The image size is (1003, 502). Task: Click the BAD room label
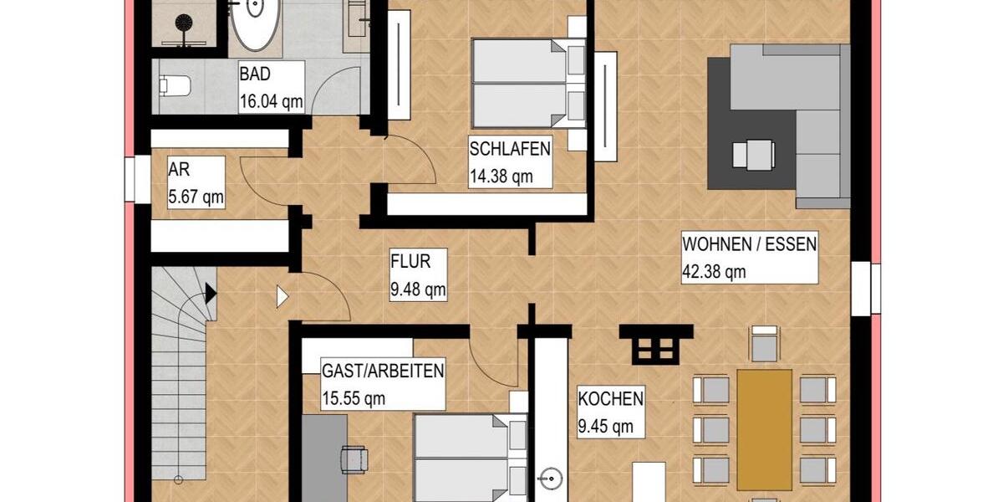pos(254,74)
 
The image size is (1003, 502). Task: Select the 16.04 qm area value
pos(270,101)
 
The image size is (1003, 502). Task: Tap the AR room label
pos(179,170)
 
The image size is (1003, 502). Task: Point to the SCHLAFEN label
pos(510,150)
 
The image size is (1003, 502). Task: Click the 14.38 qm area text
pos(500,176)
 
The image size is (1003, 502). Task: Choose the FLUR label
pos(410,262)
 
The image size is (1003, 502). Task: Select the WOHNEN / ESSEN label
pos(749,244)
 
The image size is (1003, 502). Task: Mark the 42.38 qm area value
pos(714,271)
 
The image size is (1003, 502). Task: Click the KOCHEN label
pos(610,398)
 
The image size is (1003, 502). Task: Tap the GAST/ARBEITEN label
pos(382,371)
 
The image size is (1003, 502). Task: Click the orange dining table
pos(764,429)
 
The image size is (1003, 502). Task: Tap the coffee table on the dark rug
pos(751,154)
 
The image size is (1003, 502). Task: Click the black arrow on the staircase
pos(210,293)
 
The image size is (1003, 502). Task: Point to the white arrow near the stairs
pos(282,296)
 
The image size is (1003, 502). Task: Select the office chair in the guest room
pos(354,458)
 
